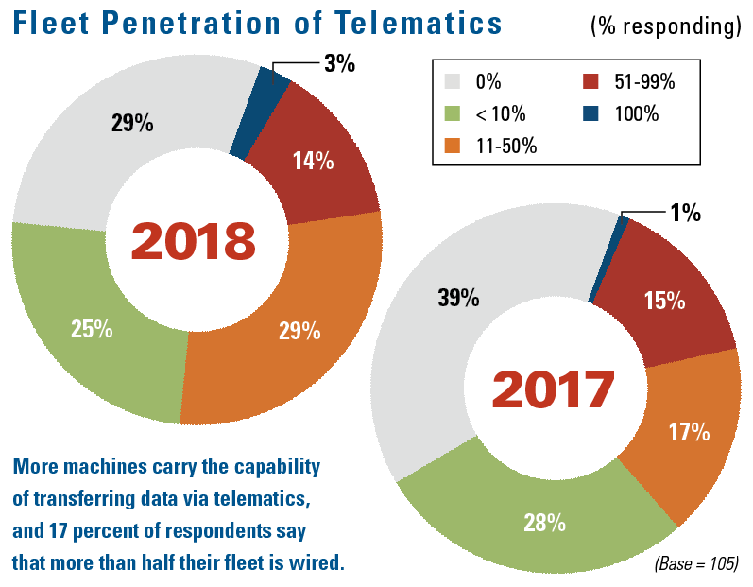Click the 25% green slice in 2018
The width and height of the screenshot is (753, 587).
click(92, 329)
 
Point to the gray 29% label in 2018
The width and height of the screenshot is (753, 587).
click(132, 123)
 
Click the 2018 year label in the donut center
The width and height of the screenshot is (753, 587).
click(194, 240)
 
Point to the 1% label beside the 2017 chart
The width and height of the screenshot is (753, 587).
click(685, 213)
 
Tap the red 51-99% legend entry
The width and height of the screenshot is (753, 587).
click(623, 82)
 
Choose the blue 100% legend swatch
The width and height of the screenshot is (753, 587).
click(591, 114)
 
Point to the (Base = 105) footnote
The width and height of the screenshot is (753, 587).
click(694, 563)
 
